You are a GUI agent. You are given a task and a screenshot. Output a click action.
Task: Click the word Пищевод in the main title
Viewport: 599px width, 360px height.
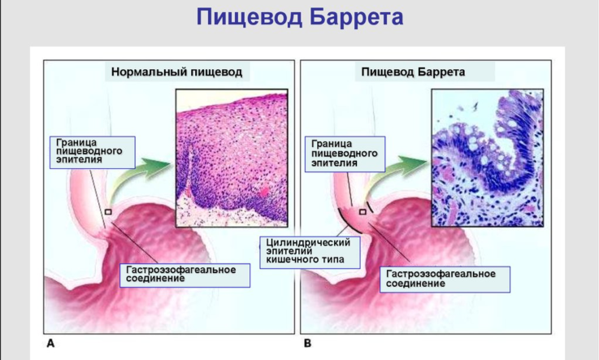(x=248, y=18)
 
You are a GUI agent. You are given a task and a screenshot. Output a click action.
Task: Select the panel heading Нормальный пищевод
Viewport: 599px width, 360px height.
(x=177, y=72)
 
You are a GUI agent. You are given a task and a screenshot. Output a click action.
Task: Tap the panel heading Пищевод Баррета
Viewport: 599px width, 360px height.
(x=413, y=72)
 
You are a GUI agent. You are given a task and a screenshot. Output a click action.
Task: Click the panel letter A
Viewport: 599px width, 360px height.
(x=50, y=344)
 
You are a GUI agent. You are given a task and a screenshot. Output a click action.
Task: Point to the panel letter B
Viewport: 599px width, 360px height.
(x=307, y=344)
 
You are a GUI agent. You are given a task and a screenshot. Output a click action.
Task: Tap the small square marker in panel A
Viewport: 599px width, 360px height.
(x=108, y=212)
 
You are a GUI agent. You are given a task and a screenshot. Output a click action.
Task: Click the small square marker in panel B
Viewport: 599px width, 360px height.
(x=362, y=212)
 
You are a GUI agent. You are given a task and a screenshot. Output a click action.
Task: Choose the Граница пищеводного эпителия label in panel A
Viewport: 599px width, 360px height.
(x=93, y=152)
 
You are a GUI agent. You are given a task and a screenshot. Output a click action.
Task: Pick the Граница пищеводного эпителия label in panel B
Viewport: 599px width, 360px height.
(x=345, y=154)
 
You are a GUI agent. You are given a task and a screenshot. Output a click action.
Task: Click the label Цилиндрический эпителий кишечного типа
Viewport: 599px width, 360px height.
(x=310, y=253)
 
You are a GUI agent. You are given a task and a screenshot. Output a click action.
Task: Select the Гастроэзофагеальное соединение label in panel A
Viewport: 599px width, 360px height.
(x=184, y=275)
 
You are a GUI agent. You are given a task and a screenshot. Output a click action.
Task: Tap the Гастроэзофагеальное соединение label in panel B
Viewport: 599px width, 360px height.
(x=445, y=280)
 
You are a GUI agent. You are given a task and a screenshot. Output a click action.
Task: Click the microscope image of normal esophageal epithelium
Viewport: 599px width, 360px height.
(x=232, y=158)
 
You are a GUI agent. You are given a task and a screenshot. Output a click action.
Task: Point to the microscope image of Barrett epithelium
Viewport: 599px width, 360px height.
(x=488, y=158)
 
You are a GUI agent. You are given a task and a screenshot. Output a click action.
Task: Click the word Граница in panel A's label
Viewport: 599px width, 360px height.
(x=76, y=142)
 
